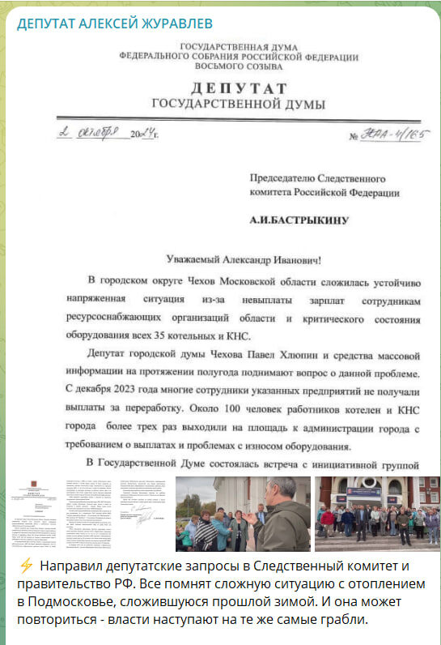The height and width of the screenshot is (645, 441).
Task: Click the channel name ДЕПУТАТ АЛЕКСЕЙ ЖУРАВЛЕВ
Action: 115,21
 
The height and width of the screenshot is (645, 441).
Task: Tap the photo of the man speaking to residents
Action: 243,513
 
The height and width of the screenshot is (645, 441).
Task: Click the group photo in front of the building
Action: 377,513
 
